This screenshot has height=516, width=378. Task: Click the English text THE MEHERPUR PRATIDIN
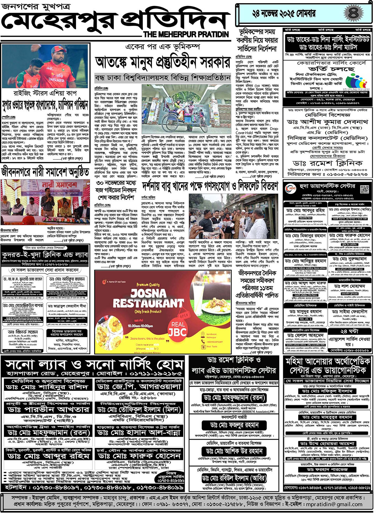point(186,34)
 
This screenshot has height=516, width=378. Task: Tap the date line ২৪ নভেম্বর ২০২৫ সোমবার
point(284,14)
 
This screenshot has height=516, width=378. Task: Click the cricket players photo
point(46,66)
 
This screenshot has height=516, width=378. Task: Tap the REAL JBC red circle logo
point(178,328)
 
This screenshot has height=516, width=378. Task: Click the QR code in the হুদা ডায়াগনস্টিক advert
point(364,189)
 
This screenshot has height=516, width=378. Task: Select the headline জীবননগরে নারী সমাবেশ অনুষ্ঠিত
point(45,172)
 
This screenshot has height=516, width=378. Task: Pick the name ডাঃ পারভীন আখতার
point(48,409)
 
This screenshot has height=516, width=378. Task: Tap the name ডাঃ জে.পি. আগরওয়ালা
point(139,387)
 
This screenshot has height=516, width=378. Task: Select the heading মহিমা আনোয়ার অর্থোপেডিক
point(328,361)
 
